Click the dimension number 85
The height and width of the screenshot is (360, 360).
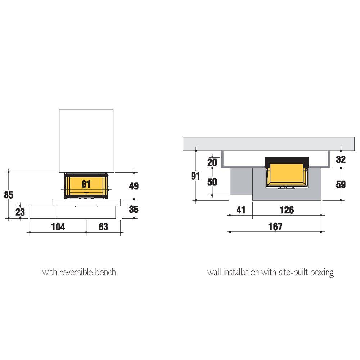(9, 195)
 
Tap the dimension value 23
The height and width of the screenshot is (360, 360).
(20, 212)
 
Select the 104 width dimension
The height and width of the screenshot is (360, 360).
(58, 227)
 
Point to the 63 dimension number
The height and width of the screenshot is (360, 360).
(103, 227)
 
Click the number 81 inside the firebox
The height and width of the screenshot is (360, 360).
(86, 184)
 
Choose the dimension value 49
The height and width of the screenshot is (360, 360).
(134, 186)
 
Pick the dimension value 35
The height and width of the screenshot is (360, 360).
(134, 209)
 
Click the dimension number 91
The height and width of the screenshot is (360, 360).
(195, 176)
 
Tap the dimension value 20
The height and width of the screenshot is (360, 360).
(212, 163)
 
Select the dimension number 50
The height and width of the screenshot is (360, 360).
(212, 182)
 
